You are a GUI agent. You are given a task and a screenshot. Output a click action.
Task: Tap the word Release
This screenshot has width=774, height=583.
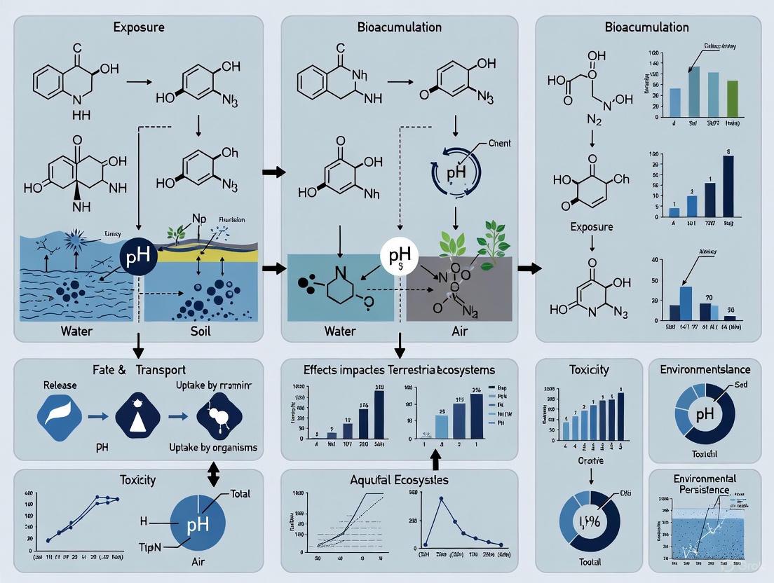(60, 386)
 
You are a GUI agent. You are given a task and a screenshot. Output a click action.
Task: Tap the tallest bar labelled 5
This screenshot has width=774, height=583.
(728, 185)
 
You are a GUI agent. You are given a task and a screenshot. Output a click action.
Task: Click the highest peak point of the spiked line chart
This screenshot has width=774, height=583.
(442, 498)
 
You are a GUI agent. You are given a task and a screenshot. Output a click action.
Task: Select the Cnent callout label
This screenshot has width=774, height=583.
(496, 143)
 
